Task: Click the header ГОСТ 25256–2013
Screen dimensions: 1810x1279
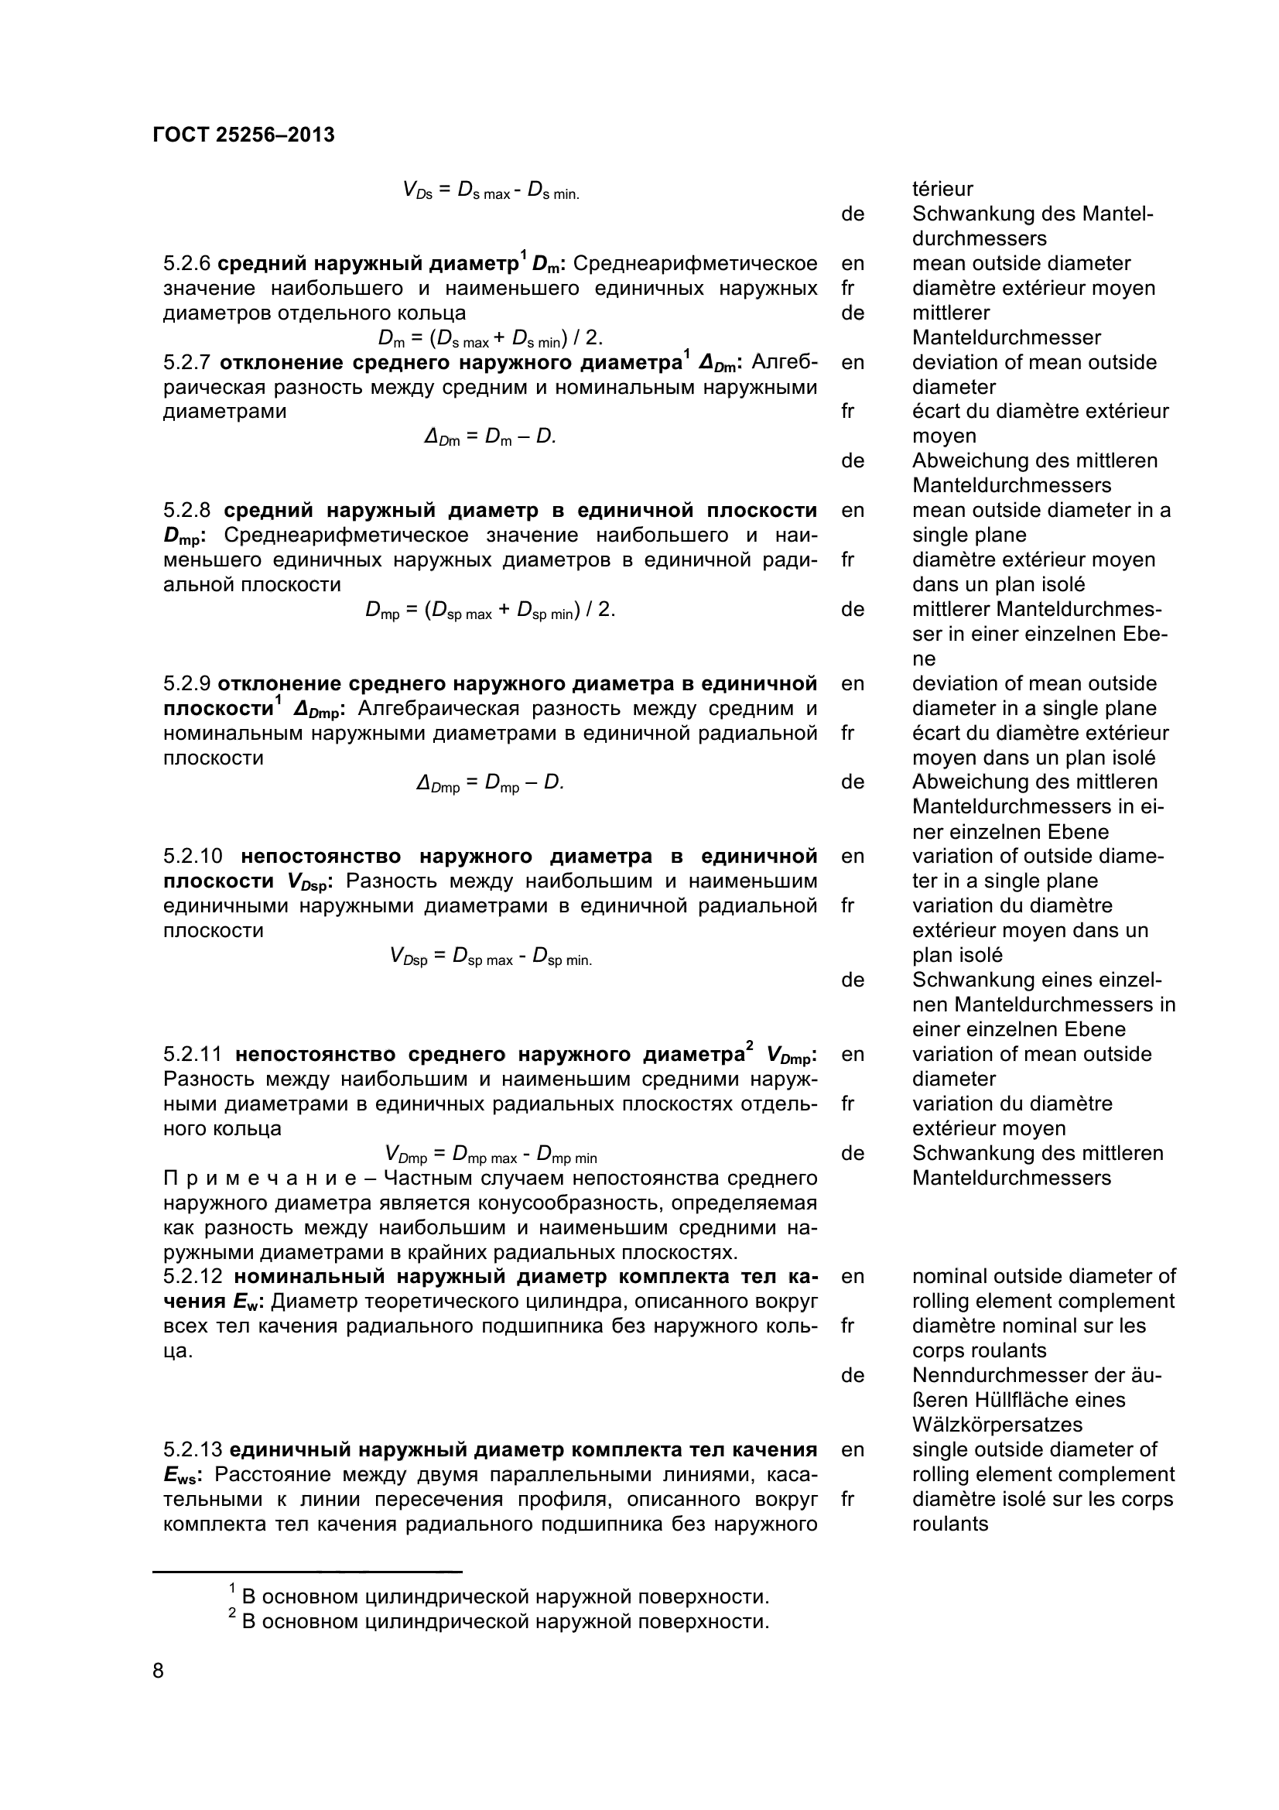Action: pyautogui.click(x=244, y=135)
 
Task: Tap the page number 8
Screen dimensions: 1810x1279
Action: pyautogui.click(x=159, y=1670)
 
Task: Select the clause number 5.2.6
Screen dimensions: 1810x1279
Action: pyautogui.click(x=186, y=263)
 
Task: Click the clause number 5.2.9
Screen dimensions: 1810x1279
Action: pyautogui.click(x=186, y=683)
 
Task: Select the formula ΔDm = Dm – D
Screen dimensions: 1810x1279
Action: pyautogui.click(x=490, y=436)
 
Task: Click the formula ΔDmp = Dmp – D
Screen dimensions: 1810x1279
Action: pyautogui.click(x=490, y=783)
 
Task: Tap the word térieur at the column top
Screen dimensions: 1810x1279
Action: pyautogui.click(x=942, y=189)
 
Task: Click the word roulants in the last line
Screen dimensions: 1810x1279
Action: pyautogui.click(x=949, y=1523)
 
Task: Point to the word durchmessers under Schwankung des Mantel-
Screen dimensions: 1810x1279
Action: pyautogui.click(x=980, y=239)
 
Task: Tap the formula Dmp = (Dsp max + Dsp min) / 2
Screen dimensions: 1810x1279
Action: pyautogui.click(x=490, y=610)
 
